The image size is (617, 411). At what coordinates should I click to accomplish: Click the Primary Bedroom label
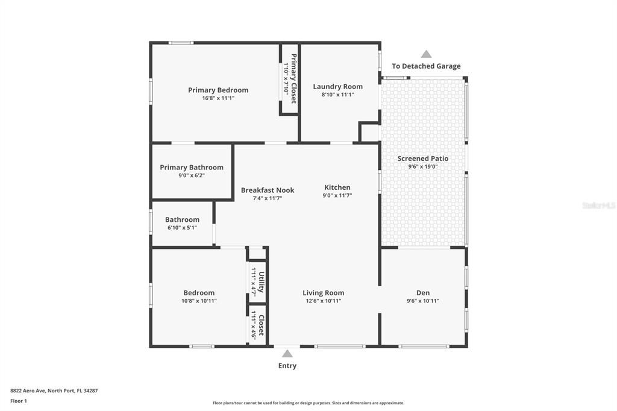[218, 90]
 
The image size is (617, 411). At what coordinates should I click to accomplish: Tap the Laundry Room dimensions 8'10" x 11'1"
[337, 95]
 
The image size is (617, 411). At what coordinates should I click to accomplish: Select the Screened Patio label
[422, 158]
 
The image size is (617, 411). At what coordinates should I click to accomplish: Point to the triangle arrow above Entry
[287, 354]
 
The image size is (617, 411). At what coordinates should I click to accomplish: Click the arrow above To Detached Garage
[426, 54]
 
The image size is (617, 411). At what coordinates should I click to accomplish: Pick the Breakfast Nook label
[268, 190]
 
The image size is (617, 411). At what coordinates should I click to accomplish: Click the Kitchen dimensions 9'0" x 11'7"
[337, 195]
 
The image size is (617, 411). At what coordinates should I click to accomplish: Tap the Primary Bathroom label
[192, 168]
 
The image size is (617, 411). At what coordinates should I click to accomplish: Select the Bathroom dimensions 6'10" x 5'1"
[182, 228]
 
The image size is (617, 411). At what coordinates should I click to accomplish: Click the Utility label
[262, 282]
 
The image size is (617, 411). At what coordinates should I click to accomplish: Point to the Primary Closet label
[293, 79]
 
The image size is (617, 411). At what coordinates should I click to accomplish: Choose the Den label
[423, 293]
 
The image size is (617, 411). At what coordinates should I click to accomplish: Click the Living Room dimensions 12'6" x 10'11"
[324, 301]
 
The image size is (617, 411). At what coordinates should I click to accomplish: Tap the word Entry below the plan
[287, 366]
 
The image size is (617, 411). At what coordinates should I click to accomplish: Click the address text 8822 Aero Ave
[28, 391]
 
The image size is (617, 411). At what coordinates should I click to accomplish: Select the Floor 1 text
[19, 401]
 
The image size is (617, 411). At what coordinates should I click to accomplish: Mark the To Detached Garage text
[426, 66]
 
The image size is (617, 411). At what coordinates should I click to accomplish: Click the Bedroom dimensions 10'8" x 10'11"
[199, 301]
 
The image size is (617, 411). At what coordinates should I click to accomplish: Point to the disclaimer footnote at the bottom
[308, 403]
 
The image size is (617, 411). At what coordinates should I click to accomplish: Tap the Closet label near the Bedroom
[262, 325]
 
